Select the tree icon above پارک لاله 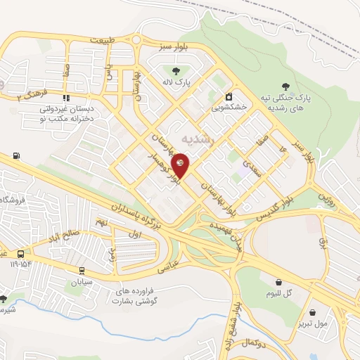(x=174, y=70)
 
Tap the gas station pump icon (x=16, y=155)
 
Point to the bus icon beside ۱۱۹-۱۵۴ (x=22, y=254)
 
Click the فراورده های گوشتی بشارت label (x=136, y=295)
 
